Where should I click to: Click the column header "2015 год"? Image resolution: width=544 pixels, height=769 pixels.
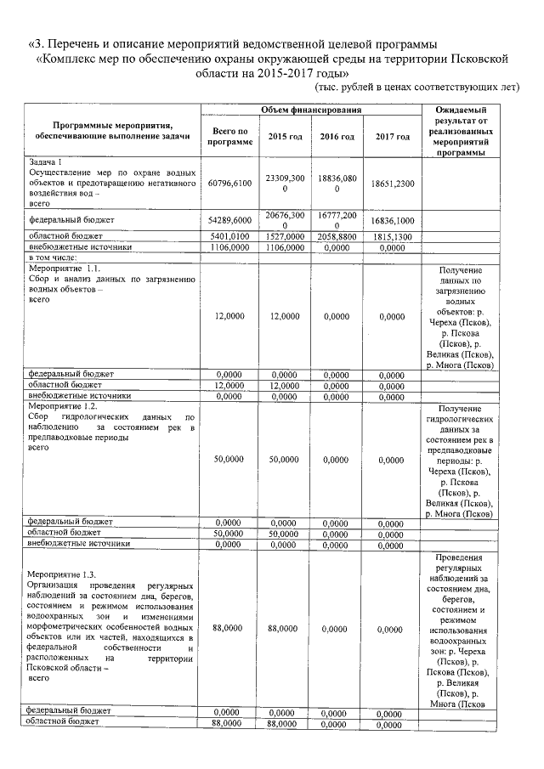285,137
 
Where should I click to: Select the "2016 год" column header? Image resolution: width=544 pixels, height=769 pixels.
337,137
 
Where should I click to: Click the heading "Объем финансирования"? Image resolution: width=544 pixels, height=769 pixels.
312,110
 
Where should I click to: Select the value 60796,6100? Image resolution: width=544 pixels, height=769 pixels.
230,183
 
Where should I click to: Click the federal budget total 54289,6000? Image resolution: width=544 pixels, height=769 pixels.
230,219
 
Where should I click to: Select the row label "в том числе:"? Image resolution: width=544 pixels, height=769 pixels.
53,257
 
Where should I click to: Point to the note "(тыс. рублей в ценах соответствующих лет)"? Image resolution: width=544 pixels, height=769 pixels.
416,88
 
